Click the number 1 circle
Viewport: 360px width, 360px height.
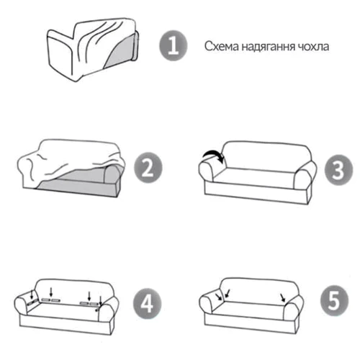pyautogui.click(x=174, y=45)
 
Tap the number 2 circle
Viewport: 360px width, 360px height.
pyautogui.click(x=148, y=168)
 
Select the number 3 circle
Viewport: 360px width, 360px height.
pyautogui.click(x=338, y=170)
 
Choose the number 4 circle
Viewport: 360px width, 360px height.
pyautogui.click(x=147, y=303)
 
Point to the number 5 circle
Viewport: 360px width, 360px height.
pyautogui.click(x=334, y=300)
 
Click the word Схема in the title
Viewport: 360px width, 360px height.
pyautogui.click(x=222, y=46)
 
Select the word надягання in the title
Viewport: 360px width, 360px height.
pyautogui.click(x=268, y=47)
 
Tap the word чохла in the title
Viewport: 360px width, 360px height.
pyautogui.click(x=313, y=47)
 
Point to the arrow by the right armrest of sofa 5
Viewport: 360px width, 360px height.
pyautogui.click(x=283, y=297)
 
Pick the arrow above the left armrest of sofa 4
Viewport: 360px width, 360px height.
pyautogui.click(x=32, y=294)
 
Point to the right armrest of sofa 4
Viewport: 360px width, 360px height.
pyautogui.click(x=109, y=310)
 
